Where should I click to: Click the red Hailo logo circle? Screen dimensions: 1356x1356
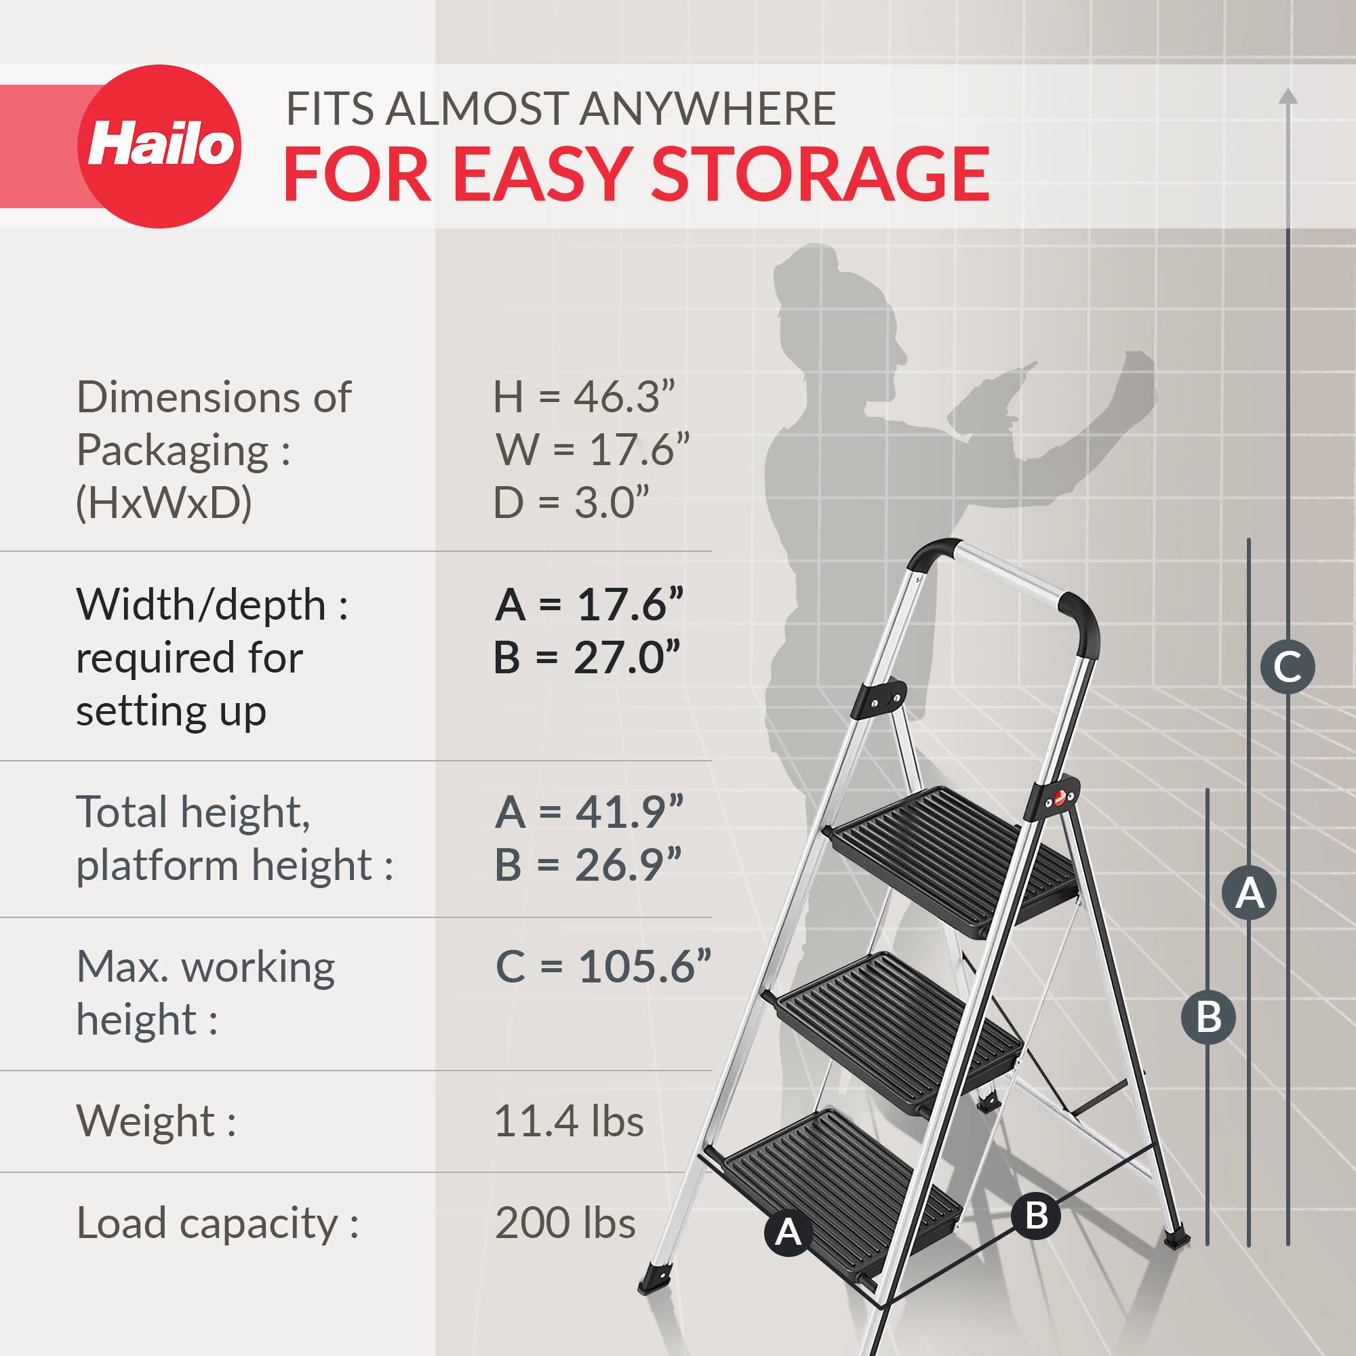coord(159,146)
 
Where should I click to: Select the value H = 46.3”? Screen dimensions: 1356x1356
coord(583,397)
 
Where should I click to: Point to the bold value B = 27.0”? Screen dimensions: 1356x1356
coord(587,658)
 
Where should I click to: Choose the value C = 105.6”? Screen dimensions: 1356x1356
coord(603,966)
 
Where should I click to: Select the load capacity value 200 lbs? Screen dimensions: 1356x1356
coord(565,1222)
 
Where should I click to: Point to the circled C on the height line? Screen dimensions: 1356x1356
coord(1288,666)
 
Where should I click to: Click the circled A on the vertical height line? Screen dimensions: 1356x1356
coord(1249,894)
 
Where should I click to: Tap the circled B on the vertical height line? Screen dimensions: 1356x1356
coord(1209,1016)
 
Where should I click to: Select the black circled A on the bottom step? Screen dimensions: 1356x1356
coord(789,1233)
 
